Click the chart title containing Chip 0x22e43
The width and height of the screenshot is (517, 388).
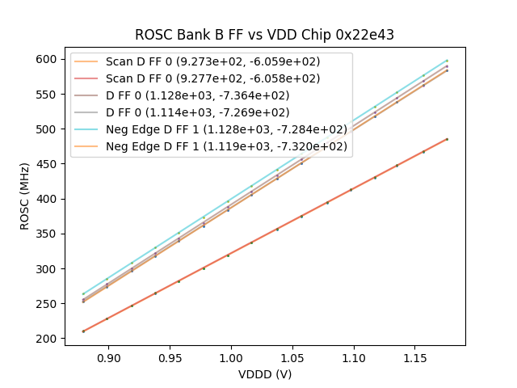[x=264, y=35]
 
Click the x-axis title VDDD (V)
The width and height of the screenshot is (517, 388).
[x=264, y=374]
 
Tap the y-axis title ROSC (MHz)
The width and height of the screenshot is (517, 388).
[x=25, y=196]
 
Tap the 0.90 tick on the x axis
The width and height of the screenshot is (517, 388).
[x=108, y=357]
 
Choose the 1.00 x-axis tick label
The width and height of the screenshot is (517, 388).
[x=231, y=357]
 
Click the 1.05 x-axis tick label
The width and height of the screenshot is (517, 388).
[x=292, y=357]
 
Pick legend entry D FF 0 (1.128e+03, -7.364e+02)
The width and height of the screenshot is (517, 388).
[x=198, y=95]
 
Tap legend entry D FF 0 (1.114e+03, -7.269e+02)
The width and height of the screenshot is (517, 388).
[x=198, y=112]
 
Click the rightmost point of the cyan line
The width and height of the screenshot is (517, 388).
[x=447, y=61]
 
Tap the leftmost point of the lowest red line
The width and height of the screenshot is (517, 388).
[x=83, y=331]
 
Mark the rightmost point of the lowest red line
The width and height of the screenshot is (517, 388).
[x=447, y=139]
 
